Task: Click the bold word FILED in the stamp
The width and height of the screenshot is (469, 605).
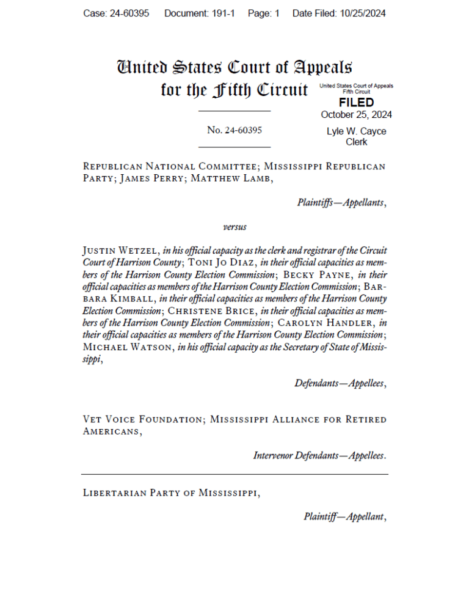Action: pyautogui.click(x=356, y=103)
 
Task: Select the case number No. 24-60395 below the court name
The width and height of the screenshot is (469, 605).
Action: pyautogui.click(x=234, y=130)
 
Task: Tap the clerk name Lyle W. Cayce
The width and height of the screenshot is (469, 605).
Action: pyautogui.click(x=356, y=131)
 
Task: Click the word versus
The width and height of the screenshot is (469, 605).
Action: pyautogui.click(x=234, y=227)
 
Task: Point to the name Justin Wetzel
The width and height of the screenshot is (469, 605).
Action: pyautogui.click(x=121, y=251)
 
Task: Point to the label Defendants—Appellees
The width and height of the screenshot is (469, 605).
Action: pyautogui.click(x=340, y=384)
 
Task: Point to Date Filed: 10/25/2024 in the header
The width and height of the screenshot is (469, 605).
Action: pyautogui.click(x=339, y=13)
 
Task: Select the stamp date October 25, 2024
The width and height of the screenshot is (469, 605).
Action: pyautogui.click(x=356, y=115)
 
